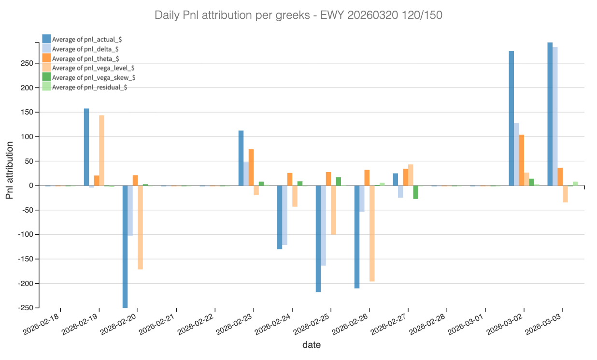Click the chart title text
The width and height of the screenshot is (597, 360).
coord(298,15)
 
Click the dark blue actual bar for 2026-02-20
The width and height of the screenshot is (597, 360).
coord(125,246)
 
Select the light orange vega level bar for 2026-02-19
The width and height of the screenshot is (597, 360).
coord(101,150)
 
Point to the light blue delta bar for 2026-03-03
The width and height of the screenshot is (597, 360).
coord(555,116)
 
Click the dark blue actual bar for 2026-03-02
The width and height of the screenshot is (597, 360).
coord(511,118)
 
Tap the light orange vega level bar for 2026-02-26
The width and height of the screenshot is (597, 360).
coord(372,233)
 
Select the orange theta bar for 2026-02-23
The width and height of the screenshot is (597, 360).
coord(251,167)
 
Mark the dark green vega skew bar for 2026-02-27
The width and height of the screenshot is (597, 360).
coord(415,192)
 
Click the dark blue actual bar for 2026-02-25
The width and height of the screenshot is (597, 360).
coord(318,239)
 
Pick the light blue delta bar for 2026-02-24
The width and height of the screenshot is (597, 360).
coord(285,215)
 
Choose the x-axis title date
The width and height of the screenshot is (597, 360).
coord(312,345)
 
